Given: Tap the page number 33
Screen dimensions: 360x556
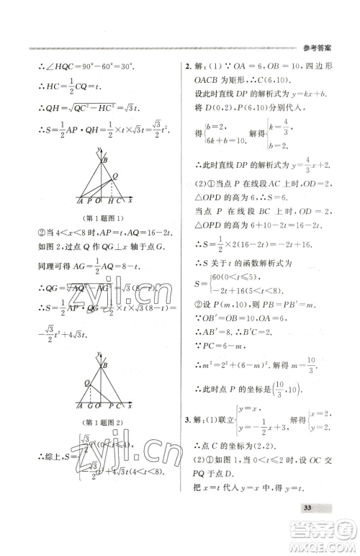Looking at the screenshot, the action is tap(307, 508).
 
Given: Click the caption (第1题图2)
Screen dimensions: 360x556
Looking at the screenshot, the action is tap(102, 423).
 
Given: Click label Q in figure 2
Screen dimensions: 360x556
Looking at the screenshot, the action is tap(86, 382).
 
